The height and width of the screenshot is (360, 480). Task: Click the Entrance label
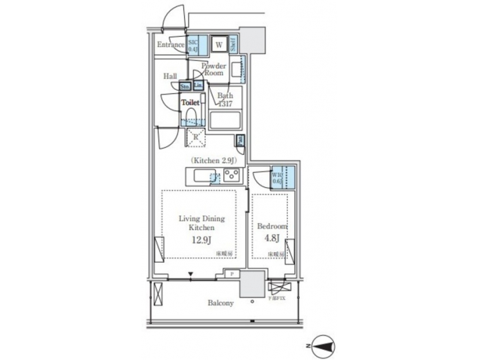tap(170, 45)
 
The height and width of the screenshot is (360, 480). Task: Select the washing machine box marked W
tap(219, 45)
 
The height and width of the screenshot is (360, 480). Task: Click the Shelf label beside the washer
tap(233, 45)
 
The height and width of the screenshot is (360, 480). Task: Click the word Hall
tap(169, 76)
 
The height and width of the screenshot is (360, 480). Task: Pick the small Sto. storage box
tap(185, 87)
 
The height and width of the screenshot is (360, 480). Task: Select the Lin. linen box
tap(197, 86)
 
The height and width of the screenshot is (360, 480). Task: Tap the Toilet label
tap(191, 103)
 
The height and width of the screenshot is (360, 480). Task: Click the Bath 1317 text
tap(226, 99)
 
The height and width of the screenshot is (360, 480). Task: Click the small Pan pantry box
tap(240, 141)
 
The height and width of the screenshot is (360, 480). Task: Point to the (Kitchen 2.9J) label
tap(217, 161)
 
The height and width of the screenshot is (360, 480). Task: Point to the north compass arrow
tap(326, 345)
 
